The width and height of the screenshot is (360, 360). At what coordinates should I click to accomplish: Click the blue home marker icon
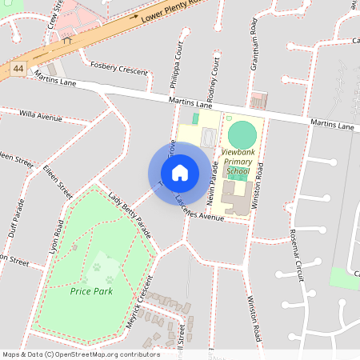tap(180, 173)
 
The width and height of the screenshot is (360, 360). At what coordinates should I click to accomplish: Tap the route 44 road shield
tap(18, 70)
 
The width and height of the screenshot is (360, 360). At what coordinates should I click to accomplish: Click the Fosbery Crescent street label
tap(120, 68)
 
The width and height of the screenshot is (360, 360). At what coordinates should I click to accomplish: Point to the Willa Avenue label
tap(40, 117)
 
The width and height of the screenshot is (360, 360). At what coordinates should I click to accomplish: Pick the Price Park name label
tap(91, 291)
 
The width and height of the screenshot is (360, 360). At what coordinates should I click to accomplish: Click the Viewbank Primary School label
tap(238, 161)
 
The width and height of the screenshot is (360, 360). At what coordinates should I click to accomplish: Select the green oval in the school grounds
tap(242, 134)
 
